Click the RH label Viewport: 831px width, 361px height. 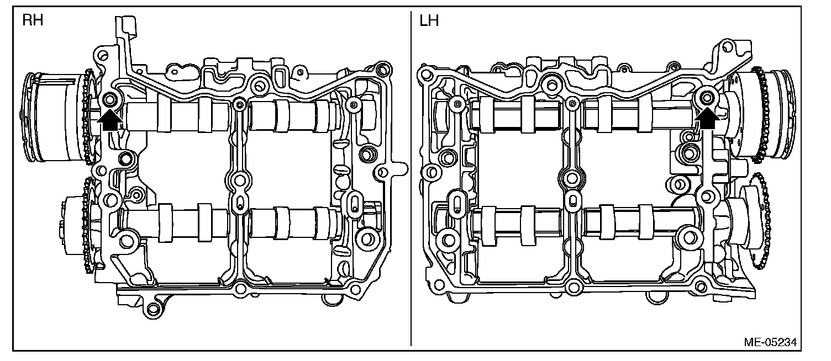click(x=33, y=20)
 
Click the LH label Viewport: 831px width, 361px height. click(x=429, y=21)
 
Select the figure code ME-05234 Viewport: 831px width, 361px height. click(x=770, y=342)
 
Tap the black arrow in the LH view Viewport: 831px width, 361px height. click(x=707, y=118)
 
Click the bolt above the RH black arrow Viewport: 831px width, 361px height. click(x=110, y=99)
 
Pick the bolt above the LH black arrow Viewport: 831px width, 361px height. click(x=707, y=98)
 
